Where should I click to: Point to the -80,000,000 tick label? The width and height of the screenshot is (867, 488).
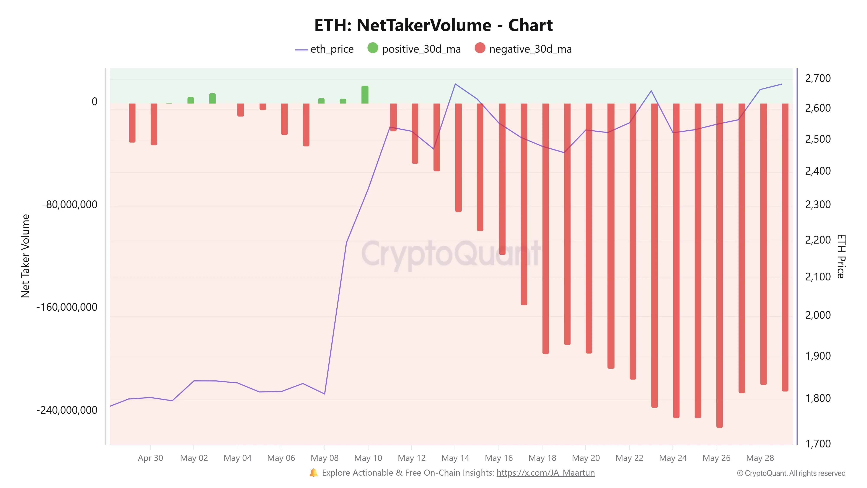[x=70, y=205]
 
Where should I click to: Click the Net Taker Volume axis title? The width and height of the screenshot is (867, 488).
[x=25, y=256]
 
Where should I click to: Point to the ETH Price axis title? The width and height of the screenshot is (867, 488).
[x=841, y=256]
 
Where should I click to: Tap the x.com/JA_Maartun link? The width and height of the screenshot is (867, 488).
[x=545, y=473]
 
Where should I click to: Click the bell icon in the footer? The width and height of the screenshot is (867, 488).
[x=313, y=473]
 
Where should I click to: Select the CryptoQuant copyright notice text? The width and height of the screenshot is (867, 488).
[x=791, y=473]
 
